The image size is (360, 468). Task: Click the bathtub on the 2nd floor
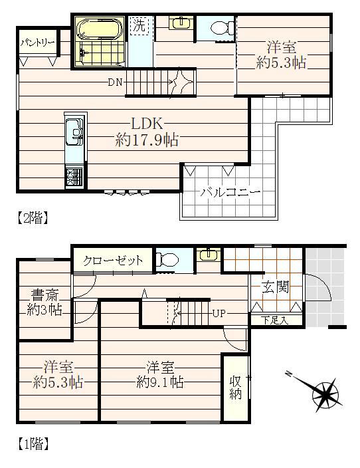[100, 29]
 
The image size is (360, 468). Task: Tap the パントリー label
[38, 43]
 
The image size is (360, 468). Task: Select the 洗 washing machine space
[139, 25]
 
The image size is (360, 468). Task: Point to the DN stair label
[115, 82]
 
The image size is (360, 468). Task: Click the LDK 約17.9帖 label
[147, 132]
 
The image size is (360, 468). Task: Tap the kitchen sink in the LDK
[74, 132]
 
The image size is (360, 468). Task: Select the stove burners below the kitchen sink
[74, 177]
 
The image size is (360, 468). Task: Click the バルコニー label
[230, 192]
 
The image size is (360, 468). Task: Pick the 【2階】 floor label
[32, 217]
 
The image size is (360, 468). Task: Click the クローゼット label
[113, 261]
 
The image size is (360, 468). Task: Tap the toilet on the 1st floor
[167, 259]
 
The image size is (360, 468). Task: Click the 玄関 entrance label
[275, 287]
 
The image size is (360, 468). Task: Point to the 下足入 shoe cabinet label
[275, 321]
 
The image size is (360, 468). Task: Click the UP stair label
[219, 314]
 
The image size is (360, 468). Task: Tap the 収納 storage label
[236, 388]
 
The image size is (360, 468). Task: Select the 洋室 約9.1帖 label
[160, 374]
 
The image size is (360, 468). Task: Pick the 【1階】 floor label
[32, 444]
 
